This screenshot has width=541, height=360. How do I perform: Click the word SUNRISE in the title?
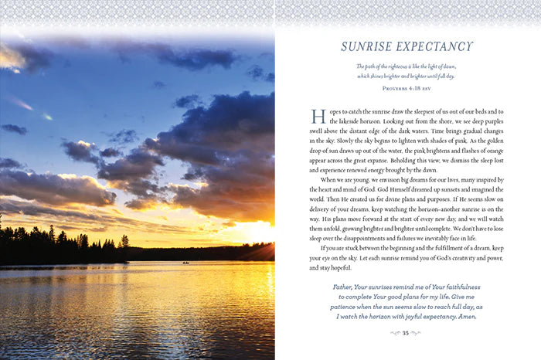(x=369, y=46)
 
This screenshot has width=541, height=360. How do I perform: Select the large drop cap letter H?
(x=318, y=117)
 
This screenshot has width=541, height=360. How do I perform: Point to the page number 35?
(x=406, y=333)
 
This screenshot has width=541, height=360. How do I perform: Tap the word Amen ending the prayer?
(x=465, y=317)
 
